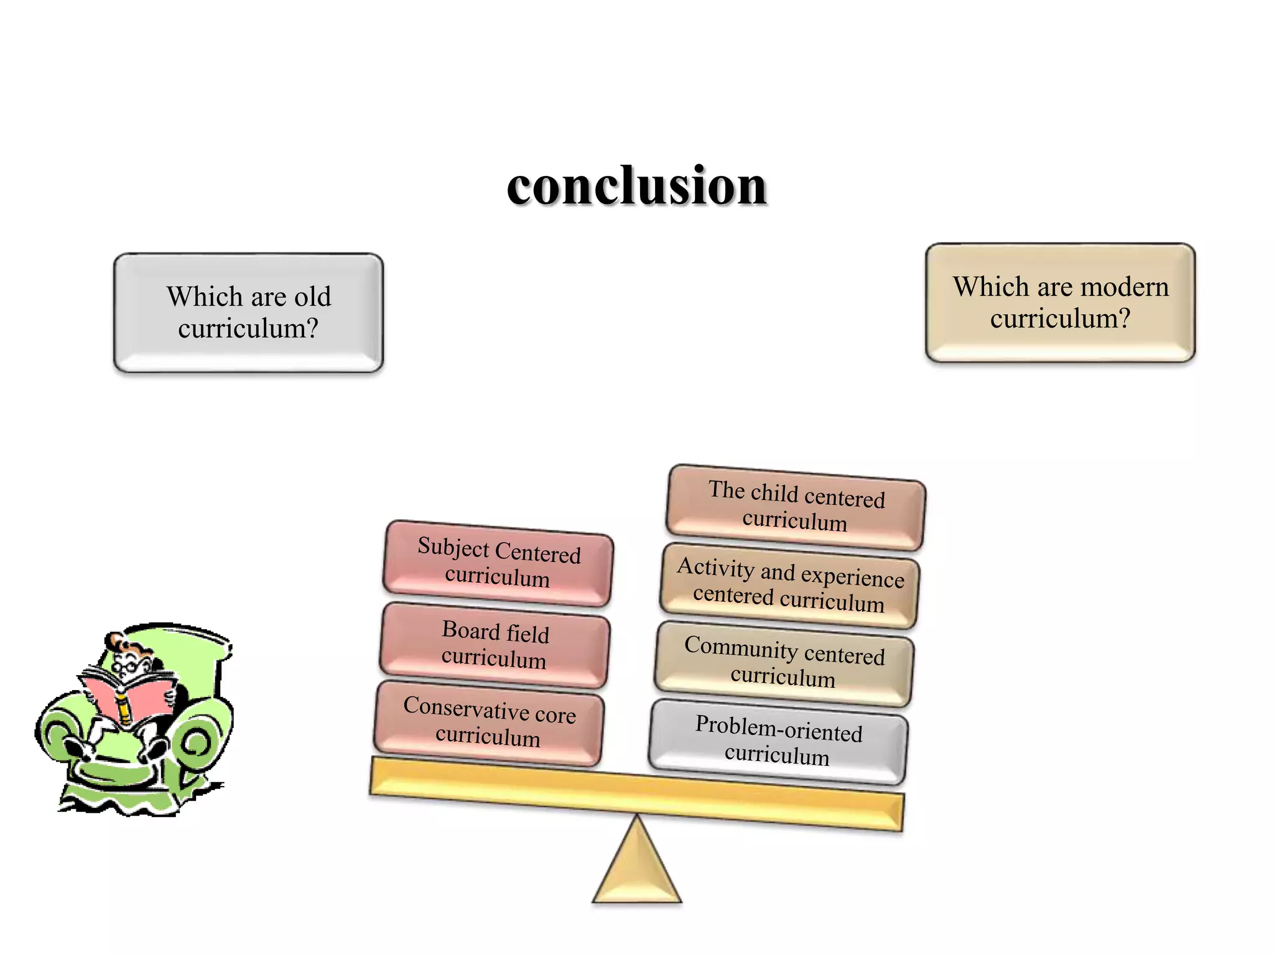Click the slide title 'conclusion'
[x=636, y=186]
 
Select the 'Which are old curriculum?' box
[x=248, y=313]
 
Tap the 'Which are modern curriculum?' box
[x=1060, y=303]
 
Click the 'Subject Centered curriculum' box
[x=498, y=563]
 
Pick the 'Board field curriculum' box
[x=495, y=645]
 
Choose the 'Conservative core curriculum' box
[x=489, y=722]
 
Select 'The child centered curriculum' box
[x=796, y=507]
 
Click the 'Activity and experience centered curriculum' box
[x=789, y=585]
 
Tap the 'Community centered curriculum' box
[x=784, y=663]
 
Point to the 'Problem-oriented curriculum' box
[x=778, y=740]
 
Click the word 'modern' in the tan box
[x=1125, y=287]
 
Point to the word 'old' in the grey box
[x=312, y=297]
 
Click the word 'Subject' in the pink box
[x=453, y=547]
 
